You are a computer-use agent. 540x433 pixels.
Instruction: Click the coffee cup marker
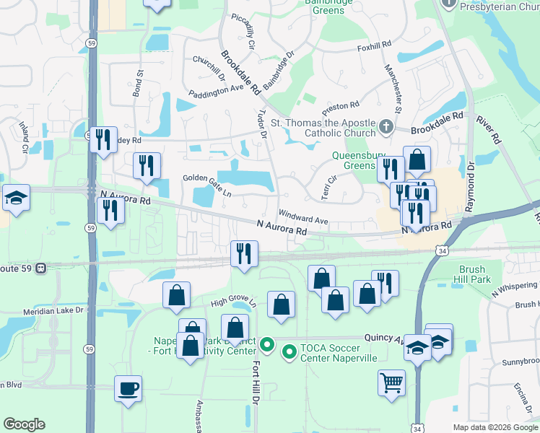point(129,389)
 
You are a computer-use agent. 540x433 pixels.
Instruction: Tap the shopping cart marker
point(391,382)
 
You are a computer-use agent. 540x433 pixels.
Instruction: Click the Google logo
point(24,424)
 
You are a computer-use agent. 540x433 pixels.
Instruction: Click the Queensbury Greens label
point(354,160)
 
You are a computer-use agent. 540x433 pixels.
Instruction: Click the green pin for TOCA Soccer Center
point(289,352)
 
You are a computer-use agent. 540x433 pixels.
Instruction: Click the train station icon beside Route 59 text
point(40,267)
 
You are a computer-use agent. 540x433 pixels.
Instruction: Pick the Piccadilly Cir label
point(243,32)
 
